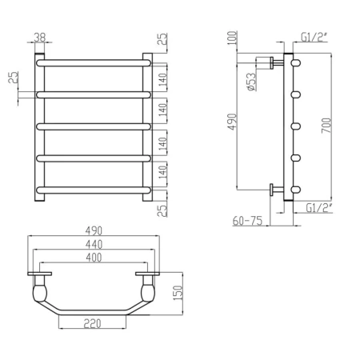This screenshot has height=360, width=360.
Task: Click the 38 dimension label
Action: (x=40, y=37)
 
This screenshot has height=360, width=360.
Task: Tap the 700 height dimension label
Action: (x=326, y=126)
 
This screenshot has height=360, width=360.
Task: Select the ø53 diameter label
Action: (x=251, y=82)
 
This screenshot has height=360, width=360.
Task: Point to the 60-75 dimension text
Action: (x=247, y=221)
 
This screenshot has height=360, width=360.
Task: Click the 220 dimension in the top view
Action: (x=93, y=323)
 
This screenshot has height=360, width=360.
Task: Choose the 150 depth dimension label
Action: (x=178, y=293)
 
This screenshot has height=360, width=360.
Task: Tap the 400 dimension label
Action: (x=94, y=258)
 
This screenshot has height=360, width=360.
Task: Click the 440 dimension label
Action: (x=94, y=244)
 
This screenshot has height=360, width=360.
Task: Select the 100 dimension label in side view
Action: (x=232, y=38)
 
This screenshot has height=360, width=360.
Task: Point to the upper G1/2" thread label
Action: (x=314, y=37)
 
